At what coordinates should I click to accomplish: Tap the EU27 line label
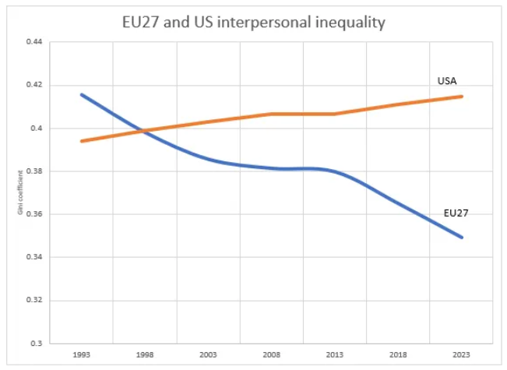(456, 212)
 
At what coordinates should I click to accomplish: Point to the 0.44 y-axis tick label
(33, 42)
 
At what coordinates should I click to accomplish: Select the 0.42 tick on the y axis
(33, 85)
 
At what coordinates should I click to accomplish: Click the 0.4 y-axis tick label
(36, 128)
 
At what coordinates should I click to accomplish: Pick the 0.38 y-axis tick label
(33, 171)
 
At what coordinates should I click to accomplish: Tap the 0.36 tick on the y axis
(33, 214)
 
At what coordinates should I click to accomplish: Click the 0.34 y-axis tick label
(33, 257)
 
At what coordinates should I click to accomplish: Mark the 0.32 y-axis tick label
(33, 300)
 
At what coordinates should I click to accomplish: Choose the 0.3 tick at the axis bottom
(36, 344)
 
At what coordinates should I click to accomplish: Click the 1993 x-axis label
(81, 355)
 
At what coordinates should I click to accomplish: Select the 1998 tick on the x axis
(144, 355)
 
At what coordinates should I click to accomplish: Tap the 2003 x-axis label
(208, 355)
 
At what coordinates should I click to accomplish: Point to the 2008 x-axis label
(271, 355)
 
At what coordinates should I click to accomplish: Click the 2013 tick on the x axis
(335, 355)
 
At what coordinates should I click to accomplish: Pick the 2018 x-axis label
(398, 355)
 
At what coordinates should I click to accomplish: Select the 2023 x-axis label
(462, 355)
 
